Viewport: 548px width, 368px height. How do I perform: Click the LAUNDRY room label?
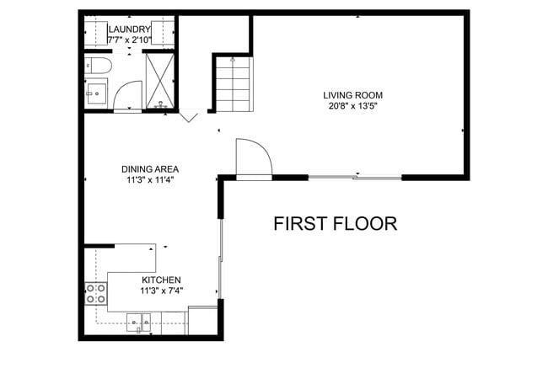pyautogui.click(x=129, y=29)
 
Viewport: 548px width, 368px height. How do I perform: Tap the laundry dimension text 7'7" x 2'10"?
pyautogui.click(x=129, y=40)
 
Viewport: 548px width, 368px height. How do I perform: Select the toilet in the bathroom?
pyautogui.click(x=97, y=66)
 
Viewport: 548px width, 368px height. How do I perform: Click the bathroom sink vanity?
pyautogui.click(x=97, y=93)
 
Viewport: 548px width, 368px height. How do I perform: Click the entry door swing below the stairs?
pyautogui.click(x=253, y=157)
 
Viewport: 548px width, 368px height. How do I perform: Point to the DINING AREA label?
pyautogui.click(x=150, y=168)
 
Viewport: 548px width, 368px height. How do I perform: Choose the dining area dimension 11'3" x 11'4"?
pyautogui.click(x=150, y=179)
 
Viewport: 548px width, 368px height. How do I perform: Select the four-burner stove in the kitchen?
pyautogui.click(x=96, y=292)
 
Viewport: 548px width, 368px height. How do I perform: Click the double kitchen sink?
pyautogui.click(x=138, y=319)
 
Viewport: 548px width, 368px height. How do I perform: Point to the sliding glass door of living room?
pyautogui.click(x=354, y=177)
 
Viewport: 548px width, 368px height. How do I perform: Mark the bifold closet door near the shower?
pyautogui.click(x=189, y=115)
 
